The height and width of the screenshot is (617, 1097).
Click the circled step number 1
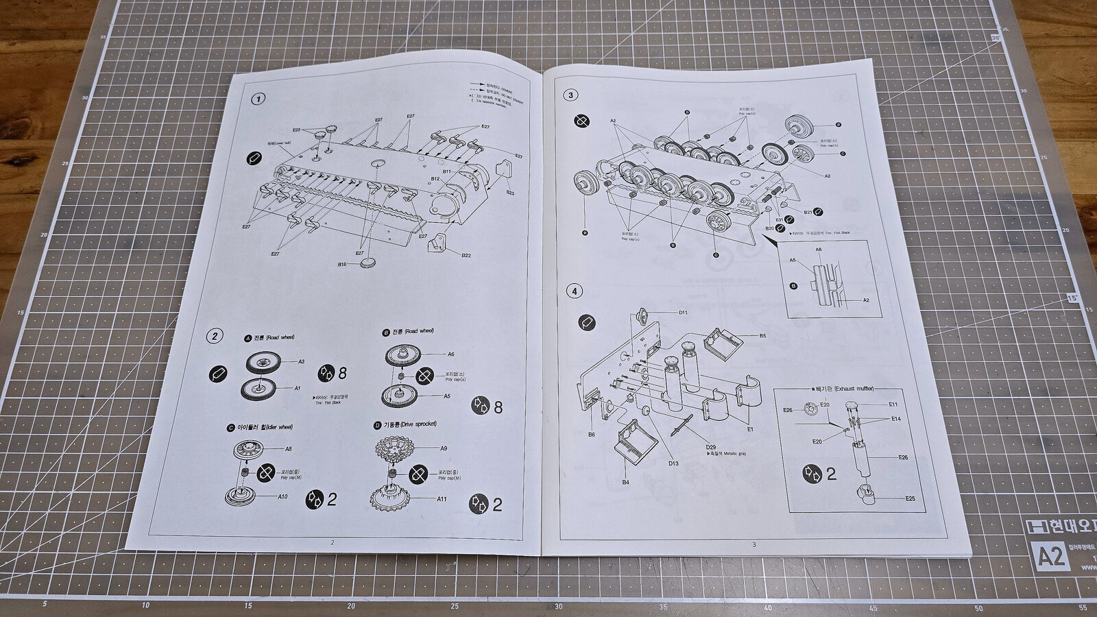[x=258, y=99]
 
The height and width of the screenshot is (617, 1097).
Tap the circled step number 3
[x=571, y=95]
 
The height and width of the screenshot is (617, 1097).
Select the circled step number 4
[x=574, y=291]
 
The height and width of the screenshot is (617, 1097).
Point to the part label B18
[x=342, y=264]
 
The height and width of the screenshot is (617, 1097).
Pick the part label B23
[x=510, y=193]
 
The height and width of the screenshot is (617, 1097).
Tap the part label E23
[x=296, y=130]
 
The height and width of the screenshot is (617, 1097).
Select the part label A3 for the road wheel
[x=301, y=361]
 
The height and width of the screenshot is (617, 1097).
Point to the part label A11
[x=442, y=499]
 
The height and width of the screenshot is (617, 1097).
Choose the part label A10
[x=282, y=496]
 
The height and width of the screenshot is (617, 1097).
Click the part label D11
[x=683, y=313]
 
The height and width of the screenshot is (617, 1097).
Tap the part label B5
[x=762, y=336]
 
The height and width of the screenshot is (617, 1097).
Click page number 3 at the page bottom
[x=754, y=544]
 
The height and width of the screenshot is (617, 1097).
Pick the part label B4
[x=625, y=483]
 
